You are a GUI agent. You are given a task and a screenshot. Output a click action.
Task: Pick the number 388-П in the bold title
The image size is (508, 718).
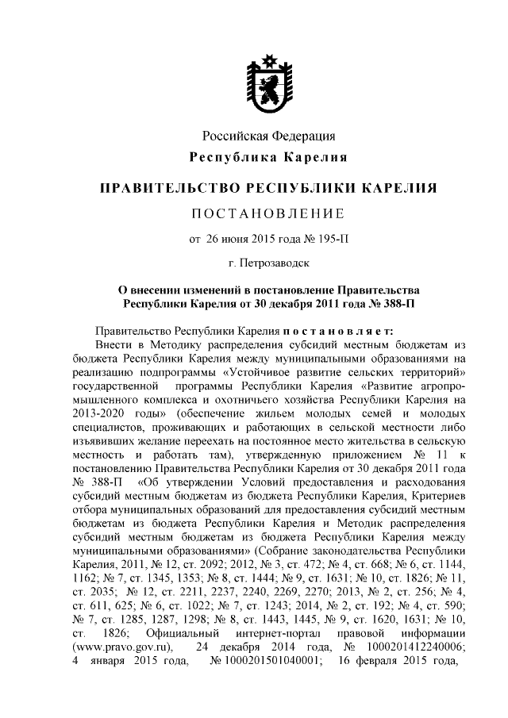pos(393,303)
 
